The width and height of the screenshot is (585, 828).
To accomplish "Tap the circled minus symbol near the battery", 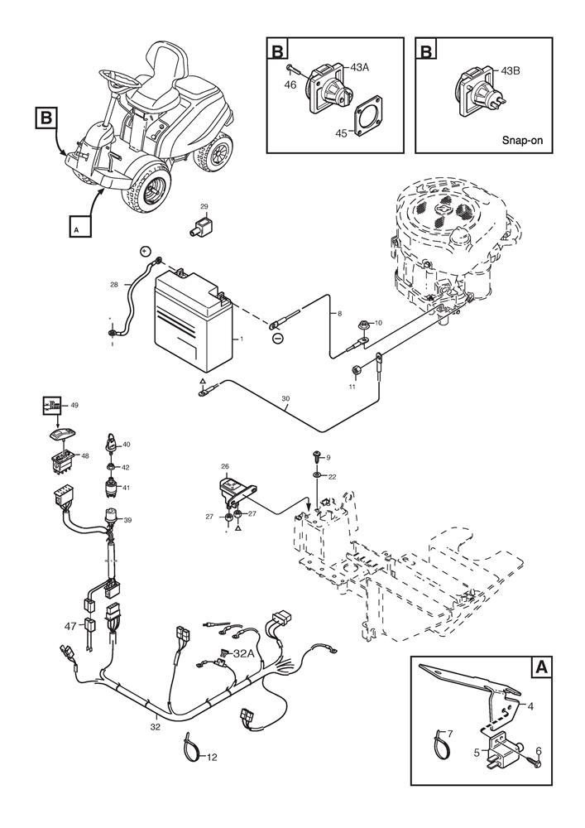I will tap(277, 338).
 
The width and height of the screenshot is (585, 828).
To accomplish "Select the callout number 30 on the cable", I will tap(285, 399).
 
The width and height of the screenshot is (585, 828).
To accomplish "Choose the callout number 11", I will tap(351, 387).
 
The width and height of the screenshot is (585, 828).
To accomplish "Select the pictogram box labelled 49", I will tap(51, 407).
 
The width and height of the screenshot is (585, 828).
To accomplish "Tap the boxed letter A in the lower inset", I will tap(541, 667).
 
